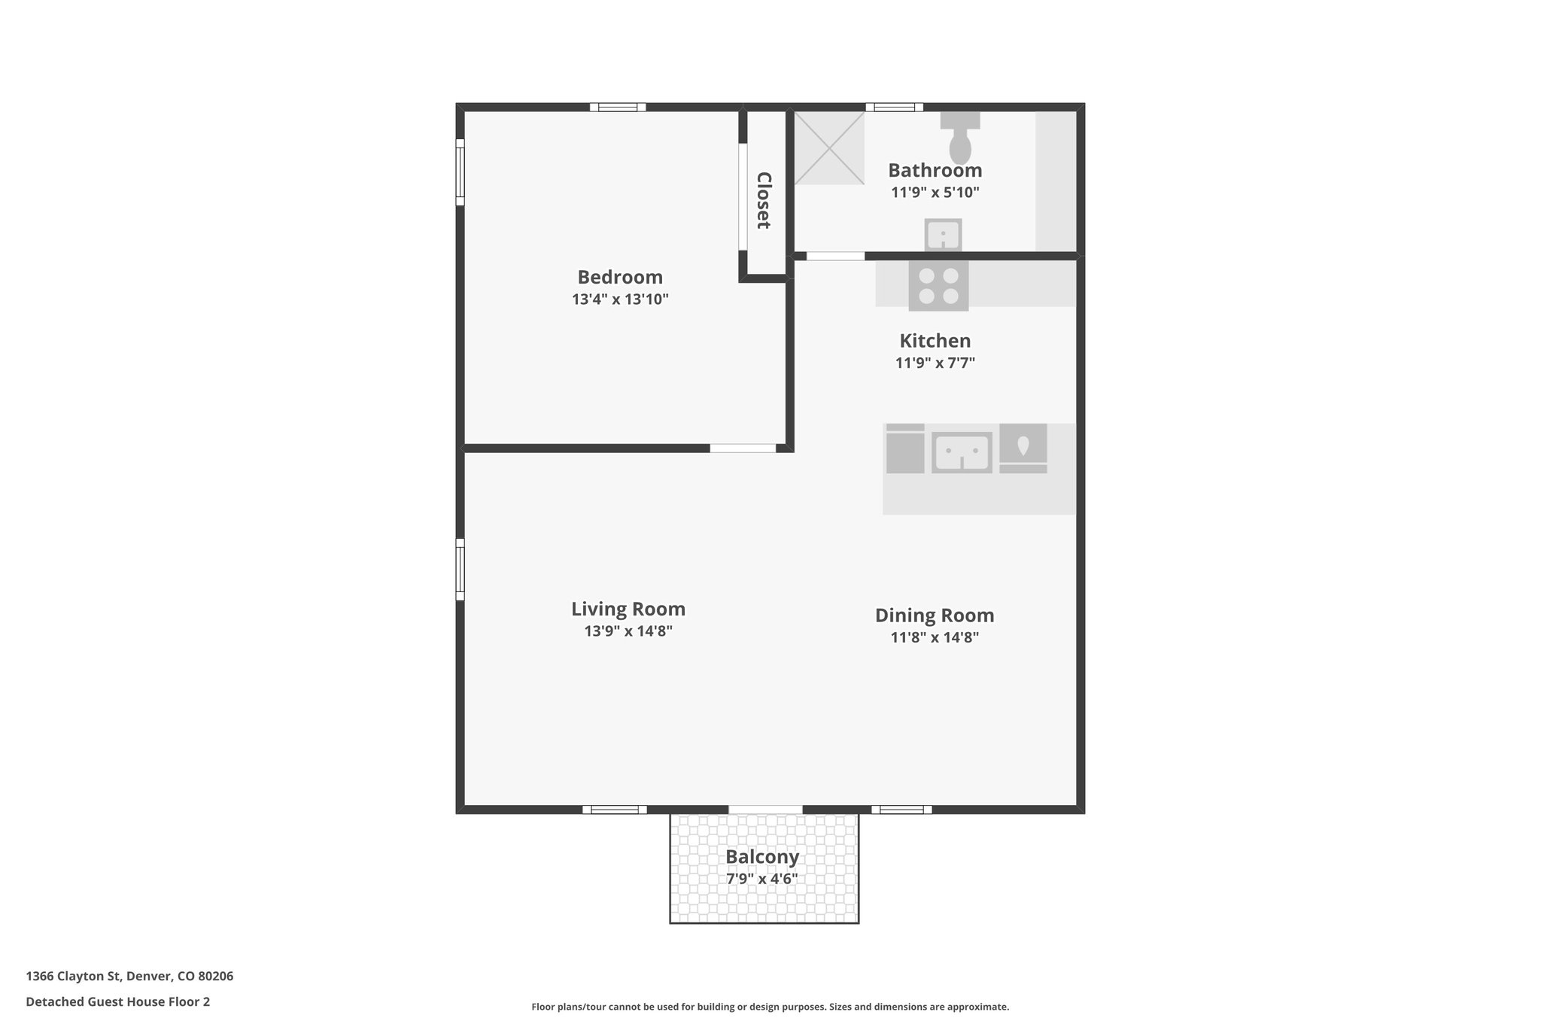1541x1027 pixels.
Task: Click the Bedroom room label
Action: tap(620, 277)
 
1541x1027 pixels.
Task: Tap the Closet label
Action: tap(764, 200)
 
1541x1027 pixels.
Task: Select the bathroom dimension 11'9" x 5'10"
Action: tap(935, 193)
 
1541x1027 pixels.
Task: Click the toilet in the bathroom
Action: tap(960, 139)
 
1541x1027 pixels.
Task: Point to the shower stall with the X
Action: tap(829, 147)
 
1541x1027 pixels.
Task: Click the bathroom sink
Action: tap(943, 235)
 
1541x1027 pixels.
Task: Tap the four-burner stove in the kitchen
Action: tap(938, 286)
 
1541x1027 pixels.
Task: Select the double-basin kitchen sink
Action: tap(962, 452)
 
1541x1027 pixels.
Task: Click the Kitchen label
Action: tap(935, 341)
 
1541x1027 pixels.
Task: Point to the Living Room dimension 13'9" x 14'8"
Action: tap(628, 631)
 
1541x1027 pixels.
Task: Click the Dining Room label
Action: tap(935, 615)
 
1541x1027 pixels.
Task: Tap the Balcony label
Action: tap(762, 857)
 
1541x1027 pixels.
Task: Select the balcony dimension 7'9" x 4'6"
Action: tap(762, 879)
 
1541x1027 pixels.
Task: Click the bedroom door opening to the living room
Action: tap(743, 448)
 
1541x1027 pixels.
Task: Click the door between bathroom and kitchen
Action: tap(835, 257)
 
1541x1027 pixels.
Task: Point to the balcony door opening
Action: tap(765, 810)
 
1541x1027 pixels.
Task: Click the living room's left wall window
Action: tap(460, 569)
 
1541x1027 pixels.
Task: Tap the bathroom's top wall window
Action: tap(894, 107)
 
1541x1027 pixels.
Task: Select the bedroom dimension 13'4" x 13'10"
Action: tap(620, 299)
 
